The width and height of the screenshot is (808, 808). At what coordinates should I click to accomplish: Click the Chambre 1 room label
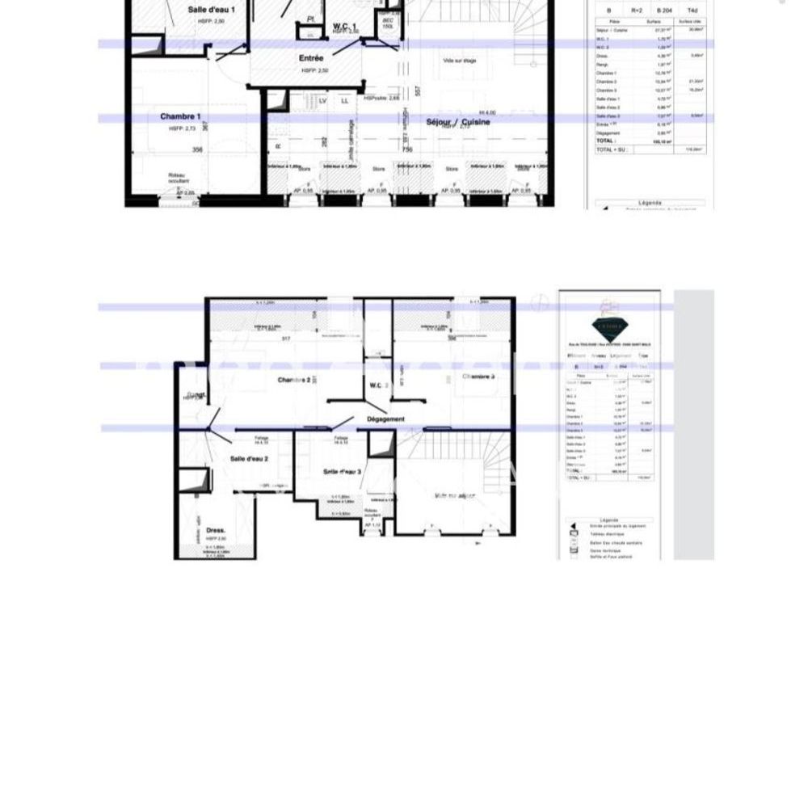[x=179, y=116]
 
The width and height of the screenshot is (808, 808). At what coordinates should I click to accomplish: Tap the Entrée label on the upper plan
[x=311, y=58]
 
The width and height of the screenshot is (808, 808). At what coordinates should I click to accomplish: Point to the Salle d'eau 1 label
[x=211, y=10]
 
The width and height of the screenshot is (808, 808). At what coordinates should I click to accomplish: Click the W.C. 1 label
[x=345, y=27]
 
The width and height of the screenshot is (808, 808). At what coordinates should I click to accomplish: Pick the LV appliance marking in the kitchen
[x=322, y=101]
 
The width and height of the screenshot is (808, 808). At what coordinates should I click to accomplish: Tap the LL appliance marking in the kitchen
[x=344, y=101]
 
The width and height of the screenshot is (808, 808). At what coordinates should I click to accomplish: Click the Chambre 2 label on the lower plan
[x=294, y=380]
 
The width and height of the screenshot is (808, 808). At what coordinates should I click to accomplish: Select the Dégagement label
[x=385, y=419]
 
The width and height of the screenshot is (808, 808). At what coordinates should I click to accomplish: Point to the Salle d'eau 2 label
[x=249, y=458]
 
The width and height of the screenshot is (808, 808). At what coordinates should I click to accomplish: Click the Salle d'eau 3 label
[x=342, y=471]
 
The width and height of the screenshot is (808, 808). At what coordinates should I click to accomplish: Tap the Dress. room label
[x=216, y=530]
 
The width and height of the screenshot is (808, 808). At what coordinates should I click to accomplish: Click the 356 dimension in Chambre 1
[x=196, y=149]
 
